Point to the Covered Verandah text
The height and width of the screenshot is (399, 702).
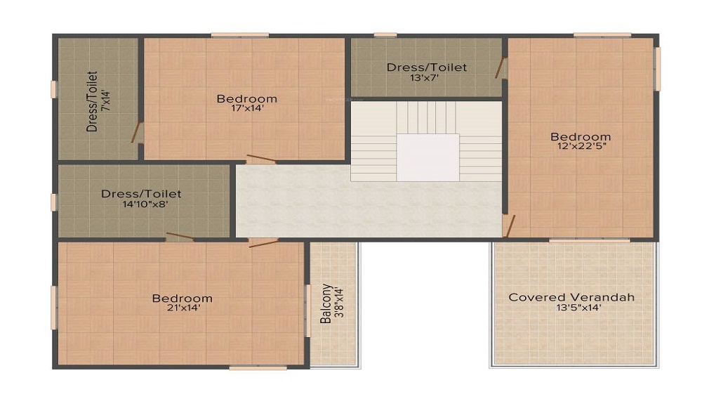(x=571, y=297)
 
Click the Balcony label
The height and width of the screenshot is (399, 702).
(x=326, y=303)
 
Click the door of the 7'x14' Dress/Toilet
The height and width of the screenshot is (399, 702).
(x=137, y=131)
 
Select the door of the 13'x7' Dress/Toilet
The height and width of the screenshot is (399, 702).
(x=501, y=68)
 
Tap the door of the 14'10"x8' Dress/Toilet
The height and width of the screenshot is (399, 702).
(x=180, y=237)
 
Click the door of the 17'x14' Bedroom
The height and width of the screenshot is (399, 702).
(x=260, y=159)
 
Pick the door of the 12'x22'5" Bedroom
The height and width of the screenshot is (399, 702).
(x=509, y=225)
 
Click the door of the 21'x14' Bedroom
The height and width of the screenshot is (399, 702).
(x=263, y=242)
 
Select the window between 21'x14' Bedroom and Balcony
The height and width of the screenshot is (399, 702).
(x=307, y=310)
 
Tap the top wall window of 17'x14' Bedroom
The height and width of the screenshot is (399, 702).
(x=239, y=34)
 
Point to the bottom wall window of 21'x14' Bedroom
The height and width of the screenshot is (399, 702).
(x=258, y=367)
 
